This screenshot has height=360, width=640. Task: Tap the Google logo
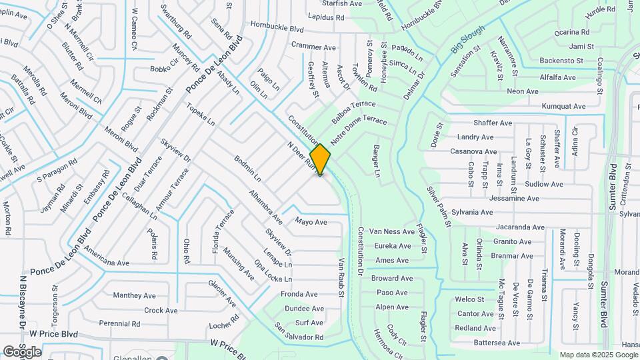point(22,351)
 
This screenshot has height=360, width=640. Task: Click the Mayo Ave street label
point(311,222)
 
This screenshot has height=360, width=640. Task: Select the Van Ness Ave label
point(391,231)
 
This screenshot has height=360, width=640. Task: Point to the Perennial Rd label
point(119,323)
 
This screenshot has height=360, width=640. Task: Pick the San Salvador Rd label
point(299,333)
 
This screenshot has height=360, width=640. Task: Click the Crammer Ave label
point(313,47)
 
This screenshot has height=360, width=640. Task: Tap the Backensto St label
point(561,61)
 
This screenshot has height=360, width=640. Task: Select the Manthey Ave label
point(135,295)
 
